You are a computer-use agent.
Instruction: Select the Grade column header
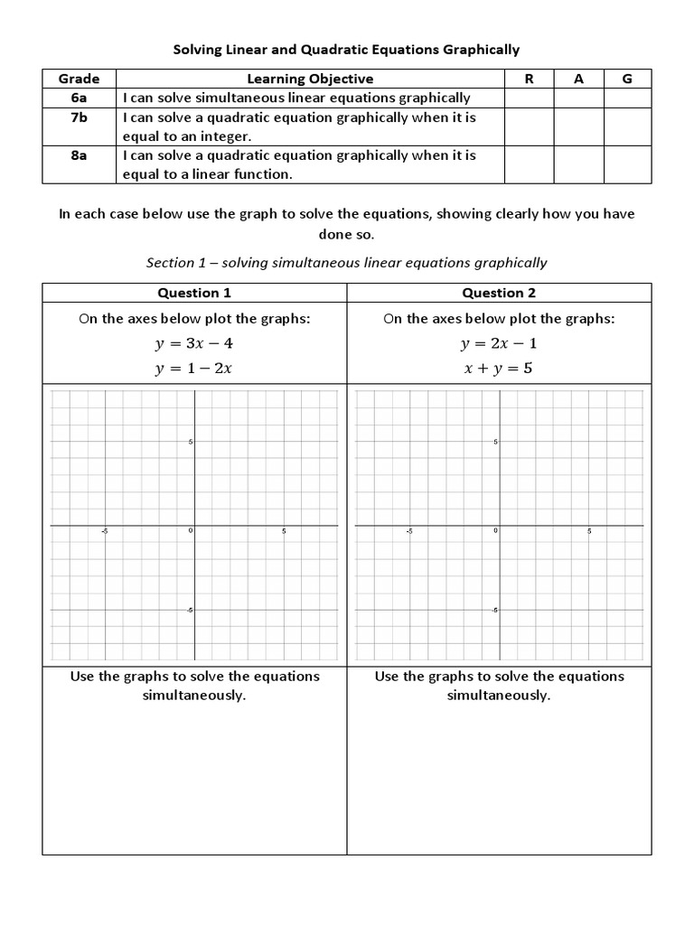click(x=79, y=79)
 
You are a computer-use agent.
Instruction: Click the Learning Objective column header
click(x=310, y=79)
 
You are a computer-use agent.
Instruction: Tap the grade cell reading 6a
click(x=79, y=98)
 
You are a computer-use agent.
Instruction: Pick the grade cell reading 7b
click(x=79, y=117)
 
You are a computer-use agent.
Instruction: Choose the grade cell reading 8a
click(x=79, y=154)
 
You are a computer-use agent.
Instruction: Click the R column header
click(x=529, y=79)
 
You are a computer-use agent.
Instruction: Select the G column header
click(x=627, y=79)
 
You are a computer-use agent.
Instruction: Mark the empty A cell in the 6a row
click(x=578, y=98)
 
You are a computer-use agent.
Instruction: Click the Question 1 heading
click(x=194, y=293)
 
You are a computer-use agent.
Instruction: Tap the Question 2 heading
click(x=499, y=293)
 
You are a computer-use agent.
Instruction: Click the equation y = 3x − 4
click(x=194, y=344)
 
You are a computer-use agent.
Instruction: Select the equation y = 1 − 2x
click(x=194, y=368)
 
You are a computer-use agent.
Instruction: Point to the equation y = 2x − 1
click(x=499, y=344)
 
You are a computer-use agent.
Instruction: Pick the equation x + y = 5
click(x=499, y=368)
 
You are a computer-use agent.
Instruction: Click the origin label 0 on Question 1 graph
click(x=190, y=531)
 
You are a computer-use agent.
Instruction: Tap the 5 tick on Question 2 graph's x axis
click(x=589, y=531)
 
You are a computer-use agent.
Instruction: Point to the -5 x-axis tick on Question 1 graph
click(x=105, y=531)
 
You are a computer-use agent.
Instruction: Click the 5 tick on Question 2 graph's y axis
click(x=495, y=441)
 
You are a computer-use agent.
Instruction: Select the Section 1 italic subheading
click(x=346, y=263)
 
